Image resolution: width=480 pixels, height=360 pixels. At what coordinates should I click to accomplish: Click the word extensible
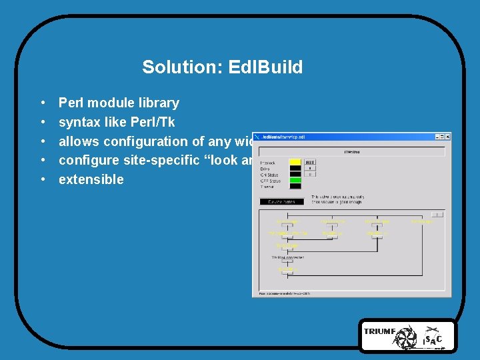point(91,179)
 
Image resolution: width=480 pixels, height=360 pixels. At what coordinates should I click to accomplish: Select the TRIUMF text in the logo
point(379,331)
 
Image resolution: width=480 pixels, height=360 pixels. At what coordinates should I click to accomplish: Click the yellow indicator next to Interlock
point(294,162)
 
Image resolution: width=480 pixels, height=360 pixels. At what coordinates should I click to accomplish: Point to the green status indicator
point(294,180)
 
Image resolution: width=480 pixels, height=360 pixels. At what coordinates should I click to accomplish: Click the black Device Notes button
point(281,201)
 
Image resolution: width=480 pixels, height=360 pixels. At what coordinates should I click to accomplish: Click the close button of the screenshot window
point(447,137)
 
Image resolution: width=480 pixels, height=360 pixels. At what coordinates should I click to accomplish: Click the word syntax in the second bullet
point(79,122)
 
